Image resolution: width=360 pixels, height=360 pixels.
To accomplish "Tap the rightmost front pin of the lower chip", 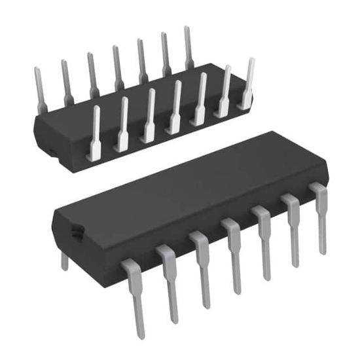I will tap(320, 216).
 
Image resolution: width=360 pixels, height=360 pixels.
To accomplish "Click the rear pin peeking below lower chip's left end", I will tap(64, 261).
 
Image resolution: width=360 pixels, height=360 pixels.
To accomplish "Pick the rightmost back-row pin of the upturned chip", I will tap(189, 49).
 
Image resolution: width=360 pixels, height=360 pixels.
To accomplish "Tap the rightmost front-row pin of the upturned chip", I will tap(247, 82).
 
